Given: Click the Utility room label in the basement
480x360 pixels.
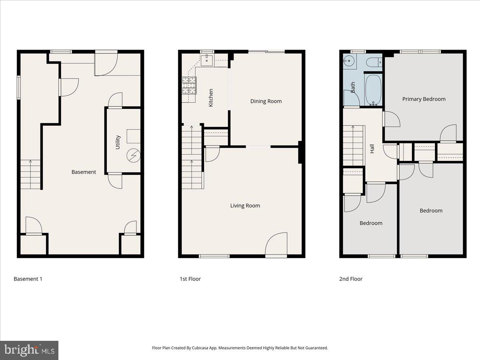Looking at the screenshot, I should pyautogui.click(x=118, y=142).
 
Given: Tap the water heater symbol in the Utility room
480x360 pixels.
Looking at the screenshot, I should pyautogui.click(x=133, y=156).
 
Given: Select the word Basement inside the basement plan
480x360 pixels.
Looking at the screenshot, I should pyautogui.click(x=84, y=172).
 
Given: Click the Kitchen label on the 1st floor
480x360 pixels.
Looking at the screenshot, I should pyautogui.click(x=211, y=97).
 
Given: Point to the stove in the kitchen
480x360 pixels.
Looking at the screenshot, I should pyautogui.click(x=190, y=85).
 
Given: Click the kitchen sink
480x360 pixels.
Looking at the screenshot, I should pyautogui.click(x=207, y=60).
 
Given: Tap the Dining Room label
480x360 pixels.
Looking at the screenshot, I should pyautogui.click(x=266, y=101).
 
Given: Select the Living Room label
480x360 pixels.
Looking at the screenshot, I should pyautogui.click(x=245, y=206).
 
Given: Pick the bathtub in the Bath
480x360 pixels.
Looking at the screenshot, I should pyautogui.click(x=373, y=90).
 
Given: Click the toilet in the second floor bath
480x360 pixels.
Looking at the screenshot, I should pyautogui.click(x=374, y=62).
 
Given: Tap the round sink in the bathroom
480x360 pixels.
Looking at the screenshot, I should pyautogui.click(x=348, y=62).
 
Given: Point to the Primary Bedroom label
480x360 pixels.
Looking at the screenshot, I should pyautogui.click(x=424, y=99).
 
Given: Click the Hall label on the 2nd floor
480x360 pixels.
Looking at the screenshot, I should pyautogui.click(x=372, y=149).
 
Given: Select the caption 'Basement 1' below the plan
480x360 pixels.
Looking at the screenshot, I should pyautogui.click(x=28, y=279).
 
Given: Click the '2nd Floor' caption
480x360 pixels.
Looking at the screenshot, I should pyautogui.click(x=351, y=279).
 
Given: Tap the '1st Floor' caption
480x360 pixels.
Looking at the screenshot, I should pyautogui.click(x=190, y=279).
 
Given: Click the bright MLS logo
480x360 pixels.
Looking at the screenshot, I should pyautogui.click(x=29, y=350).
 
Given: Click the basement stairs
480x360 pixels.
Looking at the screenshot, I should pyautogui.click(x=30, y=174).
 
